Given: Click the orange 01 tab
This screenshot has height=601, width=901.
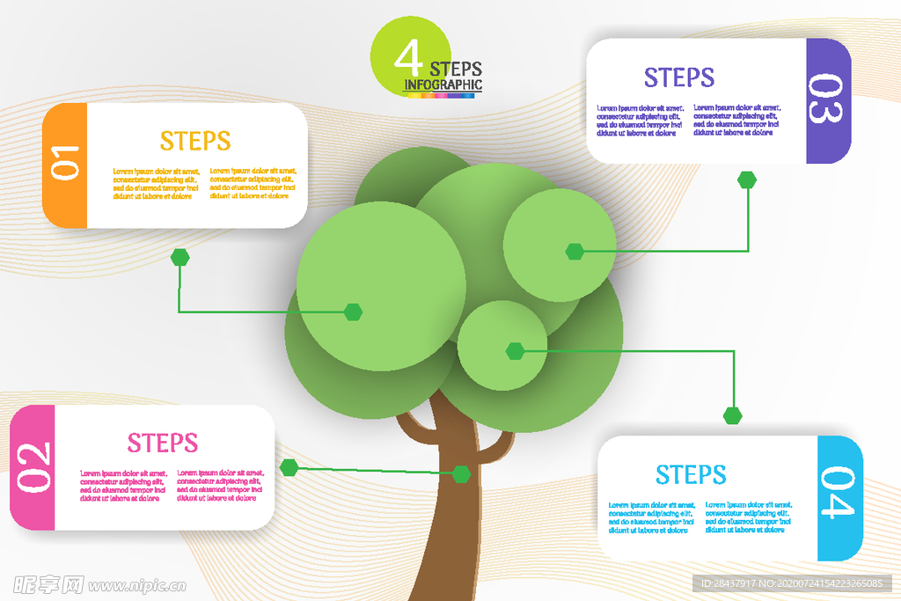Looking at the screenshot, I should point(64,165).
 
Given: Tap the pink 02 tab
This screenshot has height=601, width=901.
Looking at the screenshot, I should point(33,466).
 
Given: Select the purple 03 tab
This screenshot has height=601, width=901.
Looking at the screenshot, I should point(828,100).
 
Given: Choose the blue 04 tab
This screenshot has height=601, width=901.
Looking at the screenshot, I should point(839,498).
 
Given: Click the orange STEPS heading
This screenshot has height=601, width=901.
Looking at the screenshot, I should point(195,141).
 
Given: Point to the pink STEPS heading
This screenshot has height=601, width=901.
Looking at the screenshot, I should point(163,443).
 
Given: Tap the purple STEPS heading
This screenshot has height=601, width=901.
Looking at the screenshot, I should point(679,78).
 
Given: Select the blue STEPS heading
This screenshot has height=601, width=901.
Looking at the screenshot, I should point(691,475).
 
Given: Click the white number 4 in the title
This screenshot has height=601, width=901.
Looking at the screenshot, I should point(408,60).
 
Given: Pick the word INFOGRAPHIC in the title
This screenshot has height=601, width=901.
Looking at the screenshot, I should point(443,84).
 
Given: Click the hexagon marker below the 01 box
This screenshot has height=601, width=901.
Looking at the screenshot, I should point(180,257).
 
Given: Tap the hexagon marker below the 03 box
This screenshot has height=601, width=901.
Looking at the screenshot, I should point(747,180).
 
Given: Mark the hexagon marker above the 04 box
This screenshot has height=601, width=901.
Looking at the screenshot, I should point(733,415).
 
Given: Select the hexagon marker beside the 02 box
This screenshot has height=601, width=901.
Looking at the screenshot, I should point(289,467).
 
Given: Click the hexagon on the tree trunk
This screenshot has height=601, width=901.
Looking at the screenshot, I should point(462,474).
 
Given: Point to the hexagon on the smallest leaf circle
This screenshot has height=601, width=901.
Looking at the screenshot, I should point(515,351).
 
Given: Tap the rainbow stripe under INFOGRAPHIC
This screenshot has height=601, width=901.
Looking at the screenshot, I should point(443,92).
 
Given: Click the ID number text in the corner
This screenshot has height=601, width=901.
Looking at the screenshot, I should point(791,583).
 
